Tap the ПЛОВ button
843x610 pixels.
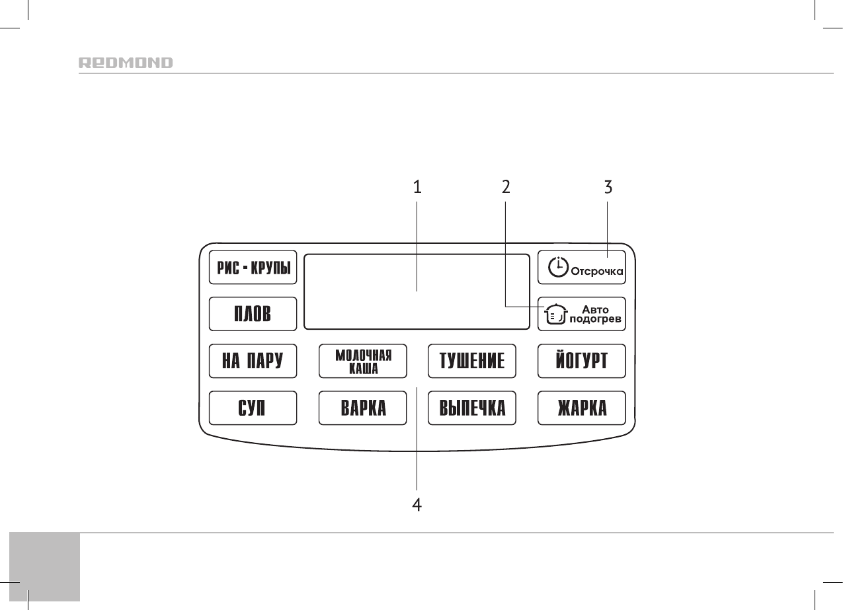tap(253, 314)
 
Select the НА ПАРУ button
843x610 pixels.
tap(253, 361)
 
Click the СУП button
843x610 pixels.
tap(253, 408)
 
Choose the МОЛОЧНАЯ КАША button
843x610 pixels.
tap(363, 361)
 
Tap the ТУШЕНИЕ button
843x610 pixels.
tap(472, 361)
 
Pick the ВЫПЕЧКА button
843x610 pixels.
tap(472, 408)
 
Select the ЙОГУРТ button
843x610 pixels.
tap(581, 361)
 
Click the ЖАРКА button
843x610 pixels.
tap(581, 408)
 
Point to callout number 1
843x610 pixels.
tap(417, 188)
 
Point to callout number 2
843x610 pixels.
tap(506, 188)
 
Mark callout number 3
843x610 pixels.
tap(608, 188)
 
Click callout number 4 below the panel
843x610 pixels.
tap(417, 506)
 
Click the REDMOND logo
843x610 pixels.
tap(126, 63)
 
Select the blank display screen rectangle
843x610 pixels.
tap(417, 291)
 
